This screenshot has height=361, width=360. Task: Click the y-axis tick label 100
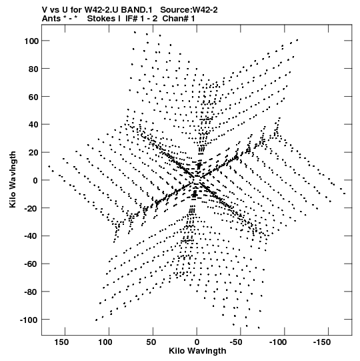point(31,41)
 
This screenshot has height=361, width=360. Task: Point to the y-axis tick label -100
point(29,320)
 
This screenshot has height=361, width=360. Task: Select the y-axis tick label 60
point(33,97)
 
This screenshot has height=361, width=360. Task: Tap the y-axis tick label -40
point(31,236)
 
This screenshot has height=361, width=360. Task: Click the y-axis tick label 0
point(35,180)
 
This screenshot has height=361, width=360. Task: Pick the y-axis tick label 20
point(33,153)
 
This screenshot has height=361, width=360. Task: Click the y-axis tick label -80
point(31,292)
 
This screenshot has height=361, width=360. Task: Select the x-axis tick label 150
point(61,342)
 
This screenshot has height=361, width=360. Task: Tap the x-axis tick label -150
point(322,342)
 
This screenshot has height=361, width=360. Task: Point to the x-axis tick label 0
point(197,342)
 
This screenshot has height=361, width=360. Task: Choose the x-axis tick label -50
point(236,342)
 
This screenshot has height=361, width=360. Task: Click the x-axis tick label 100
point(105,342)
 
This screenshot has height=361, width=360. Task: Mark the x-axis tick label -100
point(278,342)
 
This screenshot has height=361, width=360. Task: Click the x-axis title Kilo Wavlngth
point(197,351)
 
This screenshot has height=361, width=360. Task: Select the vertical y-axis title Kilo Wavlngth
point(13,179)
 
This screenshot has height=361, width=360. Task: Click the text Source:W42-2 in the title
point(189,10)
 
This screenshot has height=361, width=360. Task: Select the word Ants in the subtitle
point(51,19)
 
